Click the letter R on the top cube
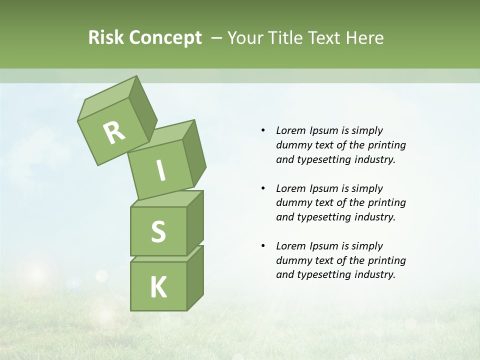pyautogui.click(x=114, y=132)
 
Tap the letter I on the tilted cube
pyautogui.click(x=160, y=171)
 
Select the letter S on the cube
pyautogui.click(x=158, y=231)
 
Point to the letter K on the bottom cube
pyautogui.click(x=158, y=287)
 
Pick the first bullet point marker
pyautogui.click(x=263, y=130)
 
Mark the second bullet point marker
pyautogui.click(x=263, y=188)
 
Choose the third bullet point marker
pyautogui.click(x=263, y=246)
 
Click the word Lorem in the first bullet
pyautogui.click(x=291, y=130)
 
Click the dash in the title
pyautogui.click(x=217, y=37)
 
